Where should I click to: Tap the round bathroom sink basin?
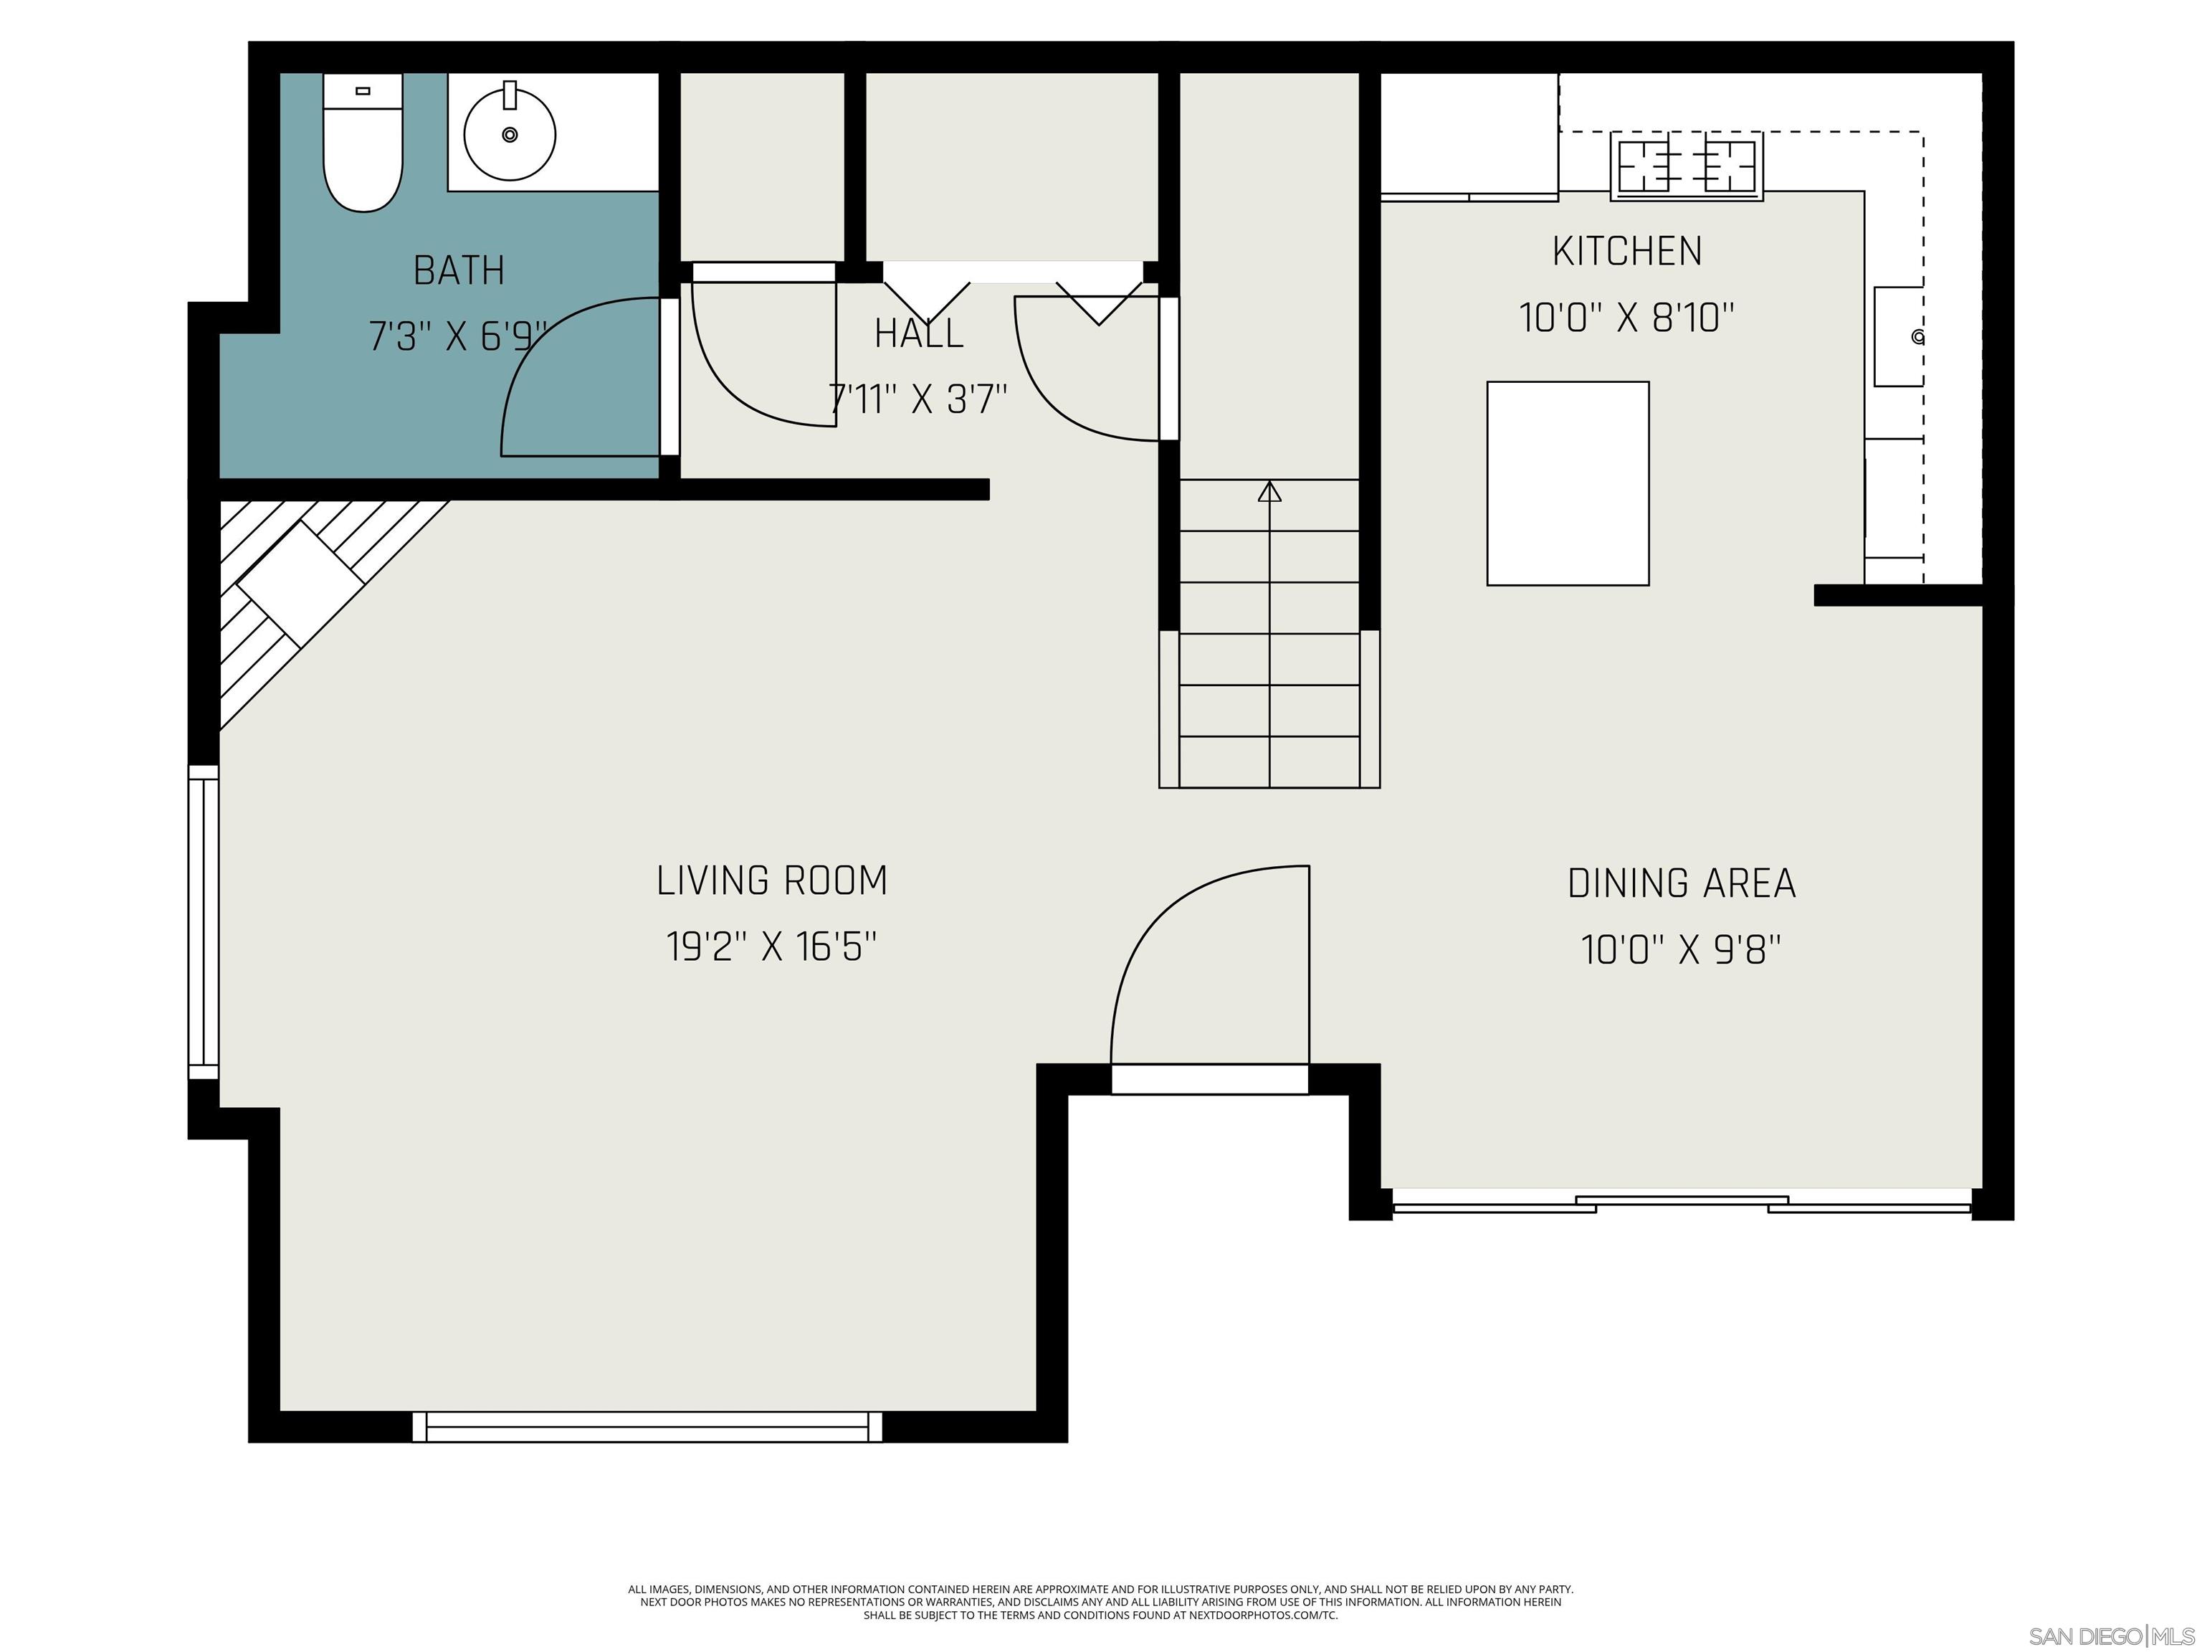510,134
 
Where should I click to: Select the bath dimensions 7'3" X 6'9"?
458,336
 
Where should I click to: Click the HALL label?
919,333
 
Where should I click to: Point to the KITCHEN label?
1626,251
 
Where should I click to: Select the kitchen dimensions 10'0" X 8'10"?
1626,318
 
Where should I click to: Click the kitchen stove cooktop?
1687,166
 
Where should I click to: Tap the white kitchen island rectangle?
1567,483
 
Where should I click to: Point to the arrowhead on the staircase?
1269,492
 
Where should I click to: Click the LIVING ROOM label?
771,880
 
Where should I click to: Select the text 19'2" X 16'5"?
771,946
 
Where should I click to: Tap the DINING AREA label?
1682,883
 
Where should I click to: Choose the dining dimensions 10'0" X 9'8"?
1682,950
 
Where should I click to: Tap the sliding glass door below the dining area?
1682,1203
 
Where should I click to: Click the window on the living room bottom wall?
647,1426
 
